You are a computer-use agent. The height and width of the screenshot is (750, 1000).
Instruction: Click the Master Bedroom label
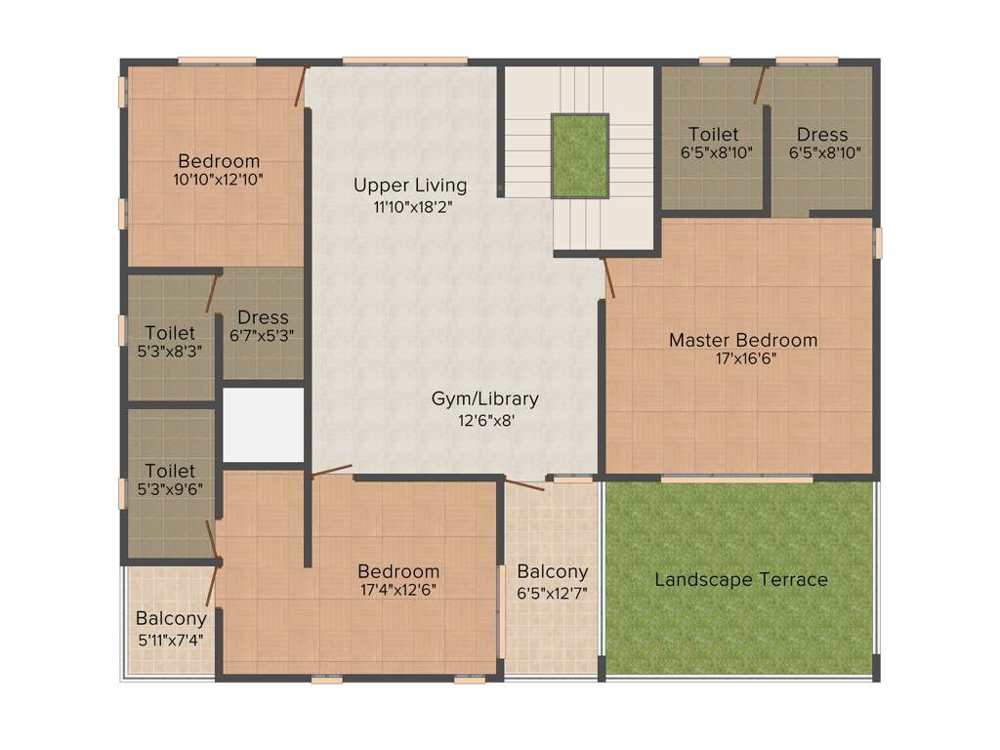742,340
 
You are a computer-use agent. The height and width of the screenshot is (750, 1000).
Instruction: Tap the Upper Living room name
410,185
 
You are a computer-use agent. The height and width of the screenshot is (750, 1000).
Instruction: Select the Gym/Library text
485,398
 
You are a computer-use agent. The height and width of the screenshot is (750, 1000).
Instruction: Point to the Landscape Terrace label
741,579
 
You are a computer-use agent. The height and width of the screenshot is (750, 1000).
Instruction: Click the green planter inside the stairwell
580,155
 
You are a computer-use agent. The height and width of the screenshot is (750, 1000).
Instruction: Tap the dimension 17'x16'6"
746,358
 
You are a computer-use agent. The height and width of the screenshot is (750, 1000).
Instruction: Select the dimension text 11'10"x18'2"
413,206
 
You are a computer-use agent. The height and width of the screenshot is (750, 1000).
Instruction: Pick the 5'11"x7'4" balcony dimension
171,640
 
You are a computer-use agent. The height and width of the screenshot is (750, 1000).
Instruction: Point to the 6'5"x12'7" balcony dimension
552,592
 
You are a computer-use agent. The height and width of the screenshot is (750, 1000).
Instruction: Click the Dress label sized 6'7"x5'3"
263,316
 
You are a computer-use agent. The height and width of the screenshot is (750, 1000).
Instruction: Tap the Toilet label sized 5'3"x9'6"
170,470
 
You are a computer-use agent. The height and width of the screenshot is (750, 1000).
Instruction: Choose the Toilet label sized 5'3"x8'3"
170,332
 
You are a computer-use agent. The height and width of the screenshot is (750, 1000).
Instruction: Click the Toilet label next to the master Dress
713,134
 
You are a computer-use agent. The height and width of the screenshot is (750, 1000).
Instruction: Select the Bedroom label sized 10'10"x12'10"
219,161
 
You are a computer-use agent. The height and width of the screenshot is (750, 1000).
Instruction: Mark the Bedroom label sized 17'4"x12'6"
398,571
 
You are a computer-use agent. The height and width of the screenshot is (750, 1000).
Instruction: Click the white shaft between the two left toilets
263,425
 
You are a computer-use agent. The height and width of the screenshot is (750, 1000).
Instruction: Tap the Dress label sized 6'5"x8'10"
822,134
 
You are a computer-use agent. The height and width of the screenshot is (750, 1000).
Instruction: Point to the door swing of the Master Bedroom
609,277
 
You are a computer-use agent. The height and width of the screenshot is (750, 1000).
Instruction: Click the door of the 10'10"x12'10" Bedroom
302,86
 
